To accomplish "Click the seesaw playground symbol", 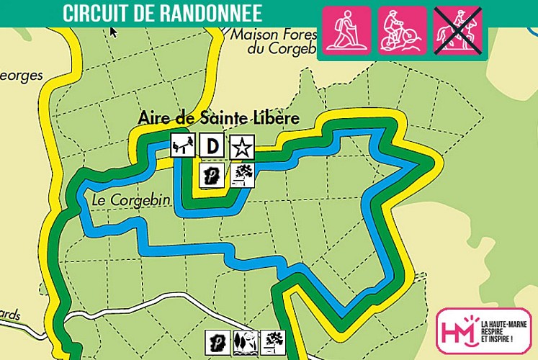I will pos(183,145).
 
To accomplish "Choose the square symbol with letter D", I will pos(212,145).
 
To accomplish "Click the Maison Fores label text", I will pos(274,34).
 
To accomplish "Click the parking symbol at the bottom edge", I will pos(216,341).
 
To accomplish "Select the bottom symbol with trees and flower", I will pos(245,341).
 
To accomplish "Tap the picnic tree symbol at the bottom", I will pos(274,341).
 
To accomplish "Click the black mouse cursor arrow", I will pos(113,32).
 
